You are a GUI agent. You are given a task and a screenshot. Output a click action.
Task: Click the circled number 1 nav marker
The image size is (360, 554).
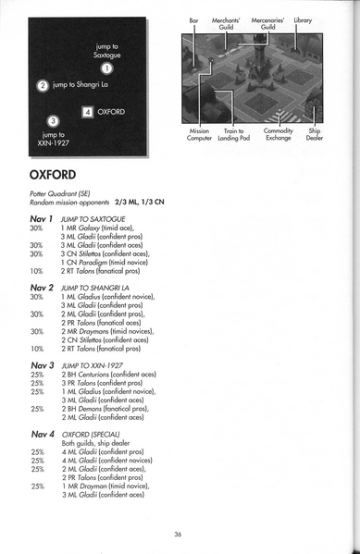pyautogui.click(x=106, y=68)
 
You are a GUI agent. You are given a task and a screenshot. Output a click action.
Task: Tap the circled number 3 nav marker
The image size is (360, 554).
pyautogui.click(x=52, y=120)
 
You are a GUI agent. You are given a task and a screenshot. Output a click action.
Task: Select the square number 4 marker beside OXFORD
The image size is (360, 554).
pyautogui.click(x=87, y=113)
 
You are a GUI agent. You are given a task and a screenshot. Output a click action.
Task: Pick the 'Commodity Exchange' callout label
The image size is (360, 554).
pyautogui.click(x=278, y=136)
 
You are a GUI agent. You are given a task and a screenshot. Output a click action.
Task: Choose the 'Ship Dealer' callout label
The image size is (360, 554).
pyautogui.click(x=315, y=136)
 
